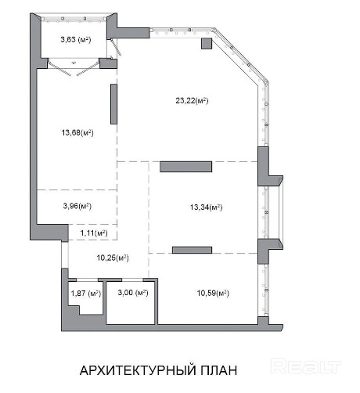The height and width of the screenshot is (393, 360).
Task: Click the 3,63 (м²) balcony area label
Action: pos(76,40)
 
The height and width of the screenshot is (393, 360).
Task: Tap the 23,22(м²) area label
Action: pos(192,101)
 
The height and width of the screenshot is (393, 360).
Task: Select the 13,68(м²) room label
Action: pos(77,133)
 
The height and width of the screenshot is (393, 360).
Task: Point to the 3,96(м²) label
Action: pos(77,206)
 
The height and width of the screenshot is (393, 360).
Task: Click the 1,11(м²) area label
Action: pos(94,233)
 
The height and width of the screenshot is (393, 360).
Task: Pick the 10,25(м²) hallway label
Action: pos(113,258)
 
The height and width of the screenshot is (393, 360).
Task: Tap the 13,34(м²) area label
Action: pos(206,207)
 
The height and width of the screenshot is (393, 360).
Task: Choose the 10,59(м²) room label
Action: pos(213,293)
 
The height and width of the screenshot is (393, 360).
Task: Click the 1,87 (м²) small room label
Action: pos(86,294)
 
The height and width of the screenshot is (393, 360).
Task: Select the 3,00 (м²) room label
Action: pos(133,293)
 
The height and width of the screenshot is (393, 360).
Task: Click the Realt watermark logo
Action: pos(306,366)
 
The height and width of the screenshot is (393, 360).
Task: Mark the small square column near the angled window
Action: pos(207,44)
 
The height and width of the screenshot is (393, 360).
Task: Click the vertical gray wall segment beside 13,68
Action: pos(113,104)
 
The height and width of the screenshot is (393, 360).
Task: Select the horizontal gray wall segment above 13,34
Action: pos(185,167)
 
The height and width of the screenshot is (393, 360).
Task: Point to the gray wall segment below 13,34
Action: pos(192,250)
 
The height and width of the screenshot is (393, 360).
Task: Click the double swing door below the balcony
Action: pos(74,68)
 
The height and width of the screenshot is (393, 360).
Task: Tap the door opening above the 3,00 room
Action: pos(132,279)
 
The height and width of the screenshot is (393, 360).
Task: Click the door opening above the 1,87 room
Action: pos(87,279)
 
